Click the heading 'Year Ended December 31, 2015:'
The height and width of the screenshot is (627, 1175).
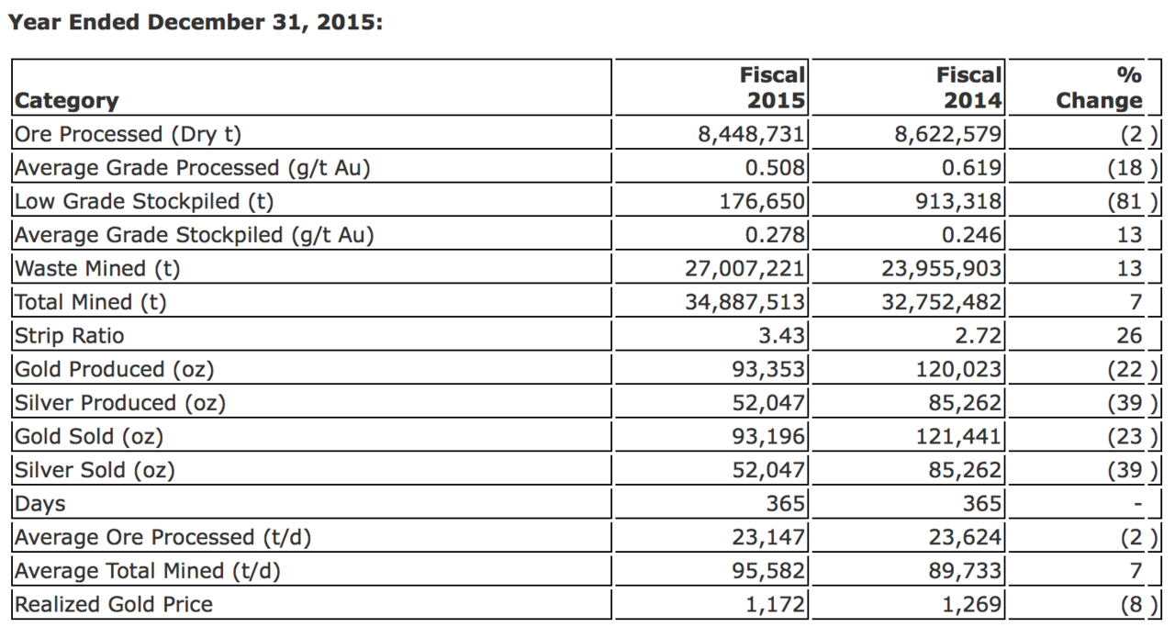(196, 23)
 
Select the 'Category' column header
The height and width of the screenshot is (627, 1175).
(67, 100)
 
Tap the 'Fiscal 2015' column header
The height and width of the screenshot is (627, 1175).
(772, 87)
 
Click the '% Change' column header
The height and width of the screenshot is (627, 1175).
(1099, 87)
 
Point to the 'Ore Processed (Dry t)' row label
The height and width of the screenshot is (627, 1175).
(128, 134)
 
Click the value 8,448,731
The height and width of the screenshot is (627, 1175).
(751, 134)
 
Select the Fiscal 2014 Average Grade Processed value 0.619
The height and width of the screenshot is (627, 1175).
(971, 168)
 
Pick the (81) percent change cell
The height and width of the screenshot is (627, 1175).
(1132, 201)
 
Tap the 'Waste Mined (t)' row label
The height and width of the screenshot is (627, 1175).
(97, 269)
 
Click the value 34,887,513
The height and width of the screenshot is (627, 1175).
(744, 302)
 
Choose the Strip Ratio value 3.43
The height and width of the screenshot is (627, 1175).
(781, 336)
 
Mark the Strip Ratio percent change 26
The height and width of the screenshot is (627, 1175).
(1129, 336)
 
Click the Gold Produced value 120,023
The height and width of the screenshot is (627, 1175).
(958, 369)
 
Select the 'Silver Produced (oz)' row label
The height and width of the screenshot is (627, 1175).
(120, 403)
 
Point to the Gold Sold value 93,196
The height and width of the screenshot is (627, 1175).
(768, 437)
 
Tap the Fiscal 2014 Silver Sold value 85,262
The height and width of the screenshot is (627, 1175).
(965, 470)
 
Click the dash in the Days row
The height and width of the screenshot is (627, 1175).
(1137, 504)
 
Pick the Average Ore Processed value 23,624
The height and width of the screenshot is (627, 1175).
(965, 537)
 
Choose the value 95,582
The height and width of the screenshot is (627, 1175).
(768, 571)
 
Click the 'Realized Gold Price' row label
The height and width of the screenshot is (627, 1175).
(114, 604)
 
